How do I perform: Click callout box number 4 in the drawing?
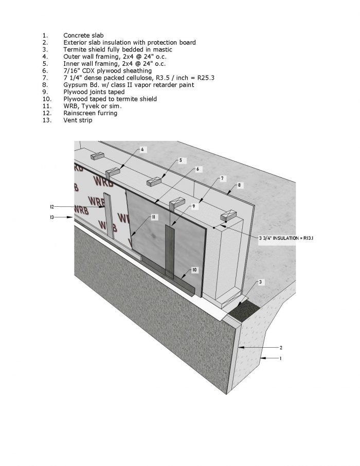[x=143, y=150]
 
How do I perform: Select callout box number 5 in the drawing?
[x=181, y=160]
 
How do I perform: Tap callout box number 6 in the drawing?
[x=197, y=169]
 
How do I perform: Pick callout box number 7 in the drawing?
[x=222, y=178]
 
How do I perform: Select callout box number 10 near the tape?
[x=194, y=270]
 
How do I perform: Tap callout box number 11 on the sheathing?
[x=153, y=218]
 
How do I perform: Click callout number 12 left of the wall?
[x=52, y=206]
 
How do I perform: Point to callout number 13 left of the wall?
[x=52, y=218]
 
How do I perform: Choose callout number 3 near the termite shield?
[x=261, y=282]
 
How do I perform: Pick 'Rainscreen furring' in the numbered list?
[x=90, y=113]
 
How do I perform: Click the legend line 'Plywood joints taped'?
[x=94, y=92]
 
